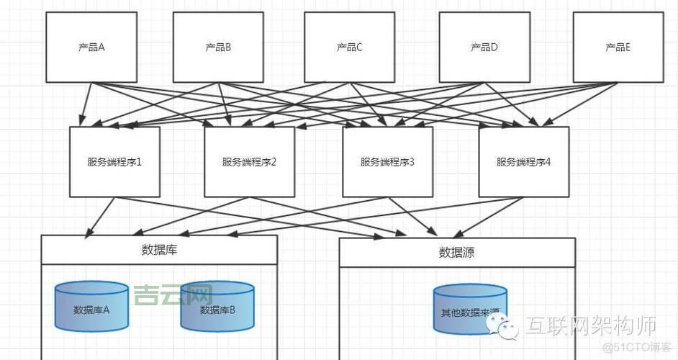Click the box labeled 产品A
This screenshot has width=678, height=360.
pos(91,48)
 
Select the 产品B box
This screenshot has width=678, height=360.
pos(218,48)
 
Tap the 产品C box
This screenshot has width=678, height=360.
pos(349,48)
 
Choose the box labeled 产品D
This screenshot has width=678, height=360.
pos(484,48)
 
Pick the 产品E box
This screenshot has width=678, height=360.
pos(618,48)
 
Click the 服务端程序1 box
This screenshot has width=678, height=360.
pos(114,162)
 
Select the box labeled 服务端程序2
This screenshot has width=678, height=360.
pos(249,162)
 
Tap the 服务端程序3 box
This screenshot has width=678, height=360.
pos(387,162)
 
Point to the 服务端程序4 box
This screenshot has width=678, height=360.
pos(523,162)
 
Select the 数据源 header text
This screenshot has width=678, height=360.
pos(456,252)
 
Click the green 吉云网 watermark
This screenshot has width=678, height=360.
pos(173,294)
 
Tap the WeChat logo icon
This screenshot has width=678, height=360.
pos(503,328)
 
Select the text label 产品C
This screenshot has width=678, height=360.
pos(349,48)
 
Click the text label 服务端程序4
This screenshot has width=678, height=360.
pos(523,162)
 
